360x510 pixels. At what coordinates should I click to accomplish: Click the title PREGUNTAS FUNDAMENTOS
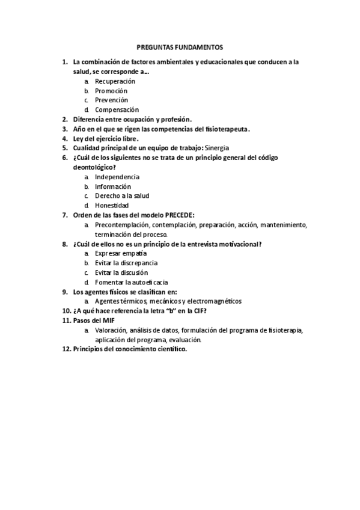180,46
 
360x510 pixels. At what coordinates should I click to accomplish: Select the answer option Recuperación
115,81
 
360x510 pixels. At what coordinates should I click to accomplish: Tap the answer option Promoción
111,90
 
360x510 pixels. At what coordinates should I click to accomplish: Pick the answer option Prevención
111,100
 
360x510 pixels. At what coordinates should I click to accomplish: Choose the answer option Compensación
117,109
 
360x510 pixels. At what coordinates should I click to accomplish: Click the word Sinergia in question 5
217,148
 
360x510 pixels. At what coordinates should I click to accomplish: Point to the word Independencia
117,177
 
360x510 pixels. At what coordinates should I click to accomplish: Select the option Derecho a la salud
122,195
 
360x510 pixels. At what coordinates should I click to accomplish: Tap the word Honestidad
112,205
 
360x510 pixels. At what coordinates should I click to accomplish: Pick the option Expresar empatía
121,253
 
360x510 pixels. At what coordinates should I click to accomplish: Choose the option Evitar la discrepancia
126,263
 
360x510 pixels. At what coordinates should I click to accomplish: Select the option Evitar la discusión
122,272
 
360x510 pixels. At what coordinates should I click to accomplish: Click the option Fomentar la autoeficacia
131,282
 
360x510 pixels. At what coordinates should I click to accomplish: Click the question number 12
66,349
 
